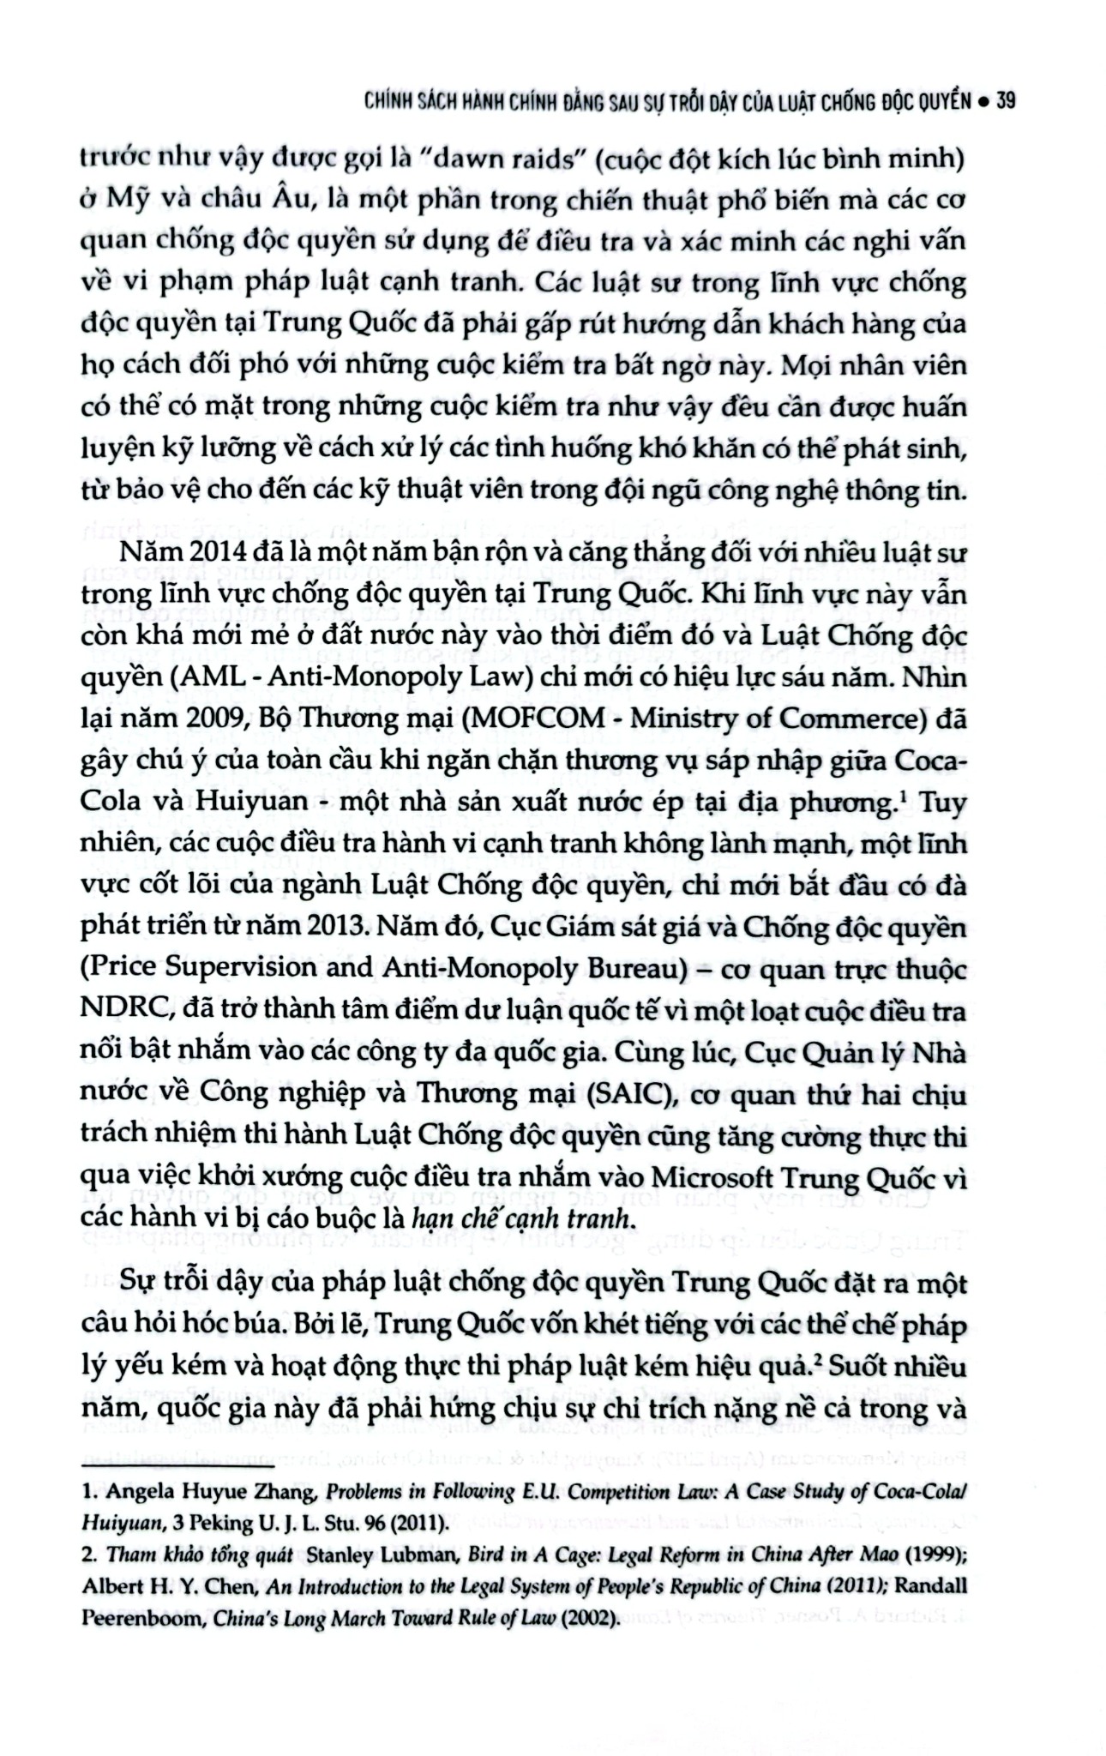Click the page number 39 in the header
coord(1006,101)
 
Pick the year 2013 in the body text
coord(322,928)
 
